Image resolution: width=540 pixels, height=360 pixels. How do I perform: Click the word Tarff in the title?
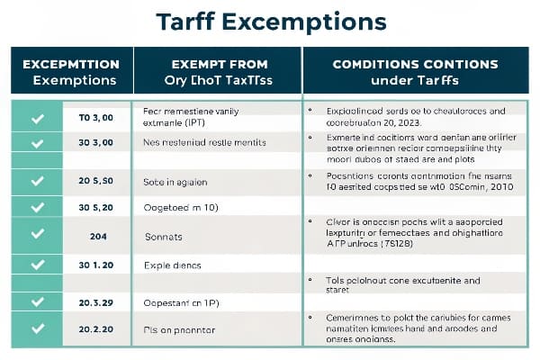(186, 22)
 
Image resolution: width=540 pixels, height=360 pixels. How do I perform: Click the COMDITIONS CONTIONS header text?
(415, 64)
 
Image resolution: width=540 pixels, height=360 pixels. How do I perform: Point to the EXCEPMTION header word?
(71, 64)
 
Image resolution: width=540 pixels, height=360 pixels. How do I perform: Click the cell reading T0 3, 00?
(95, 118)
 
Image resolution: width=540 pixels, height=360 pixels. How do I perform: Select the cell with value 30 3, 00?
(96, 143)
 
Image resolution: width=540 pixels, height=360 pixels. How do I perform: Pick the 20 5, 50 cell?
(96, 181)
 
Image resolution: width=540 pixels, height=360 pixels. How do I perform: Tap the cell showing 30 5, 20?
(96, 206)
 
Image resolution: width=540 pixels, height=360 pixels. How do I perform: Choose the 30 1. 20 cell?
(96, 265)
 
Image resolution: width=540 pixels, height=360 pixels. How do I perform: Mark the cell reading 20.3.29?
(96, 302)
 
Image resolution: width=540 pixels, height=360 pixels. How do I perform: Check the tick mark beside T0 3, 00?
(37, 118)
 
